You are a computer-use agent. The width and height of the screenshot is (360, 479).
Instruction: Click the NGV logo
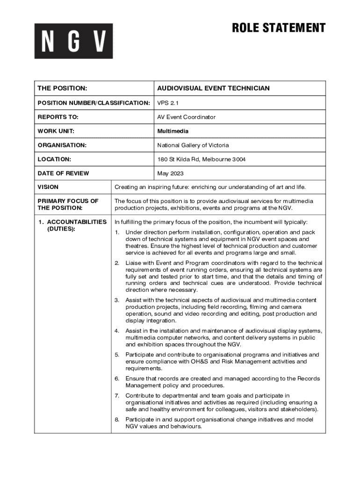click(x=73, y=41)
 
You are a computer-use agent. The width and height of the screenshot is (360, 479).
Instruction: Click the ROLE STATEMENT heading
click(x=279, y=28)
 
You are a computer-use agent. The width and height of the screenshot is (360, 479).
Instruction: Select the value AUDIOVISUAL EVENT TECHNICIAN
click(x=213, y=88)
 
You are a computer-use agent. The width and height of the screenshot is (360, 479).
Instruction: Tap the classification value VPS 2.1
click(x=167, y=103)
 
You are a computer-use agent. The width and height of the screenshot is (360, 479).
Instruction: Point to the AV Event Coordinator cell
click(x=186, y=117)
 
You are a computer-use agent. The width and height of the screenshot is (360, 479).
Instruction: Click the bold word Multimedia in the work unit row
click(x=173, y=131)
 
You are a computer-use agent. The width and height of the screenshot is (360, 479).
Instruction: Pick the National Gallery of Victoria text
click(x=193, y=145)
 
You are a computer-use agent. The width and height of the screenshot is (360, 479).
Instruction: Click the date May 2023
click(x=170, y=174)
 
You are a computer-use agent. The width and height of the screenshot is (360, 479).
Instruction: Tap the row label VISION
click(x=48, y=187)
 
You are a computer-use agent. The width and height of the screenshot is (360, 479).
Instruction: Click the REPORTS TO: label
click(x=58, y=117)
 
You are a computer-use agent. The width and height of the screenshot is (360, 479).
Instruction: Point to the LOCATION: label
click(x=54, y=160)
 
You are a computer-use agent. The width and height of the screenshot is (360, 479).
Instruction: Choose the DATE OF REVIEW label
click(x=63, y=174)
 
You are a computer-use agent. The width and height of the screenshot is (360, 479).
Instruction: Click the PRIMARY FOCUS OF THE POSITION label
click(x=68, y=204)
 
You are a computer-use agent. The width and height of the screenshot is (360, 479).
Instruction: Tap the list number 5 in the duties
click(x=117, y=355)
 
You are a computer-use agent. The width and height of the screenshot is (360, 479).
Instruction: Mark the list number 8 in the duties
click(x=117, y=420)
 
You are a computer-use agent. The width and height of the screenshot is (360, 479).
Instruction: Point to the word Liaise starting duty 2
click(x=135, y=263)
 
